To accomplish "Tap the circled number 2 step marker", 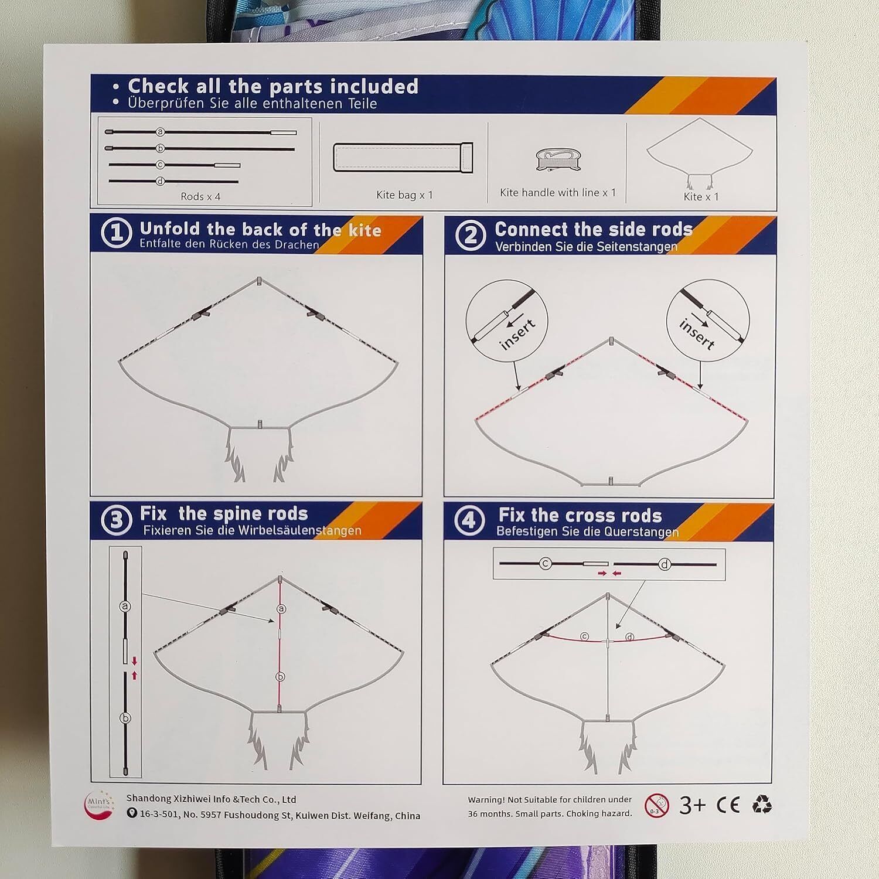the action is point(470,235).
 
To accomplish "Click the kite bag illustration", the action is point(403,157).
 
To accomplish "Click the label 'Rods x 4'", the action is point(200,196).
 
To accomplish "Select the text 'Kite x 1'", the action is point(701,196).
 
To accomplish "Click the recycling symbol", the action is point(762,805).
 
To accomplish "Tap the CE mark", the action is point(728,805).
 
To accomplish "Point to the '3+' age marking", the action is point(693,805).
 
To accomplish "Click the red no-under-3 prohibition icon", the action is point(656,806).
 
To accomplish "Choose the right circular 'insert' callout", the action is point(708,321).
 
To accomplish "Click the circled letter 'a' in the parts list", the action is point(159,132).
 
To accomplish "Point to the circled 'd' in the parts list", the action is point(159,182).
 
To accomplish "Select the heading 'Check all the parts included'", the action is point(273,86).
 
